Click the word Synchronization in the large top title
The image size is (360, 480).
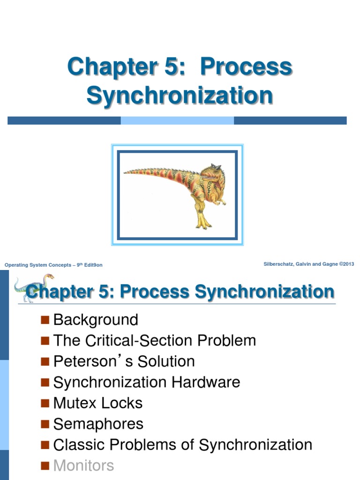pyautogui.click(x=180, y=95)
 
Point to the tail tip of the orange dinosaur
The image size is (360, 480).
pyautogui.click(x=126, y=172)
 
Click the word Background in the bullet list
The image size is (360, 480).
pyautogui.click(x=96, y=320)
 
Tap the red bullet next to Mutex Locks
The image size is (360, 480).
pyautogui.click(x=45, y=403)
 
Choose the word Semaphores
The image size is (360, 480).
pyautogui.click(x=98, y=424)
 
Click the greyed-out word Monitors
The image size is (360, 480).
pyautogui.click(x=83, y=465)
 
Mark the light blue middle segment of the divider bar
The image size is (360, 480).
pyautogui.click(x=177, y=120)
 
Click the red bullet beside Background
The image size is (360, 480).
pyautogui.click(x=45, y=320)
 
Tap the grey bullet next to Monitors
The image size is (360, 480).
pyautogui.click(x=45, y=465)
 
